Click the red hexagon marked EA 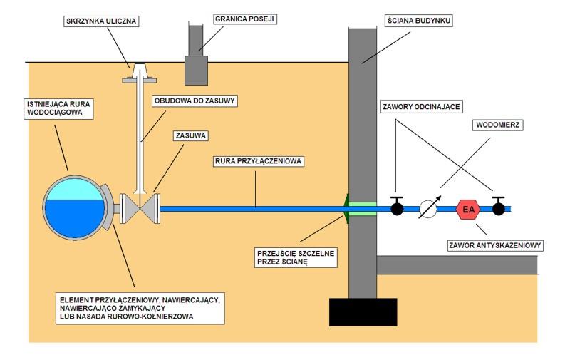467,209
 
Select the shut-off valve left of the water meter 397,208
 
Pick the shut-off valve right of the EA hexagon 500,208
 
